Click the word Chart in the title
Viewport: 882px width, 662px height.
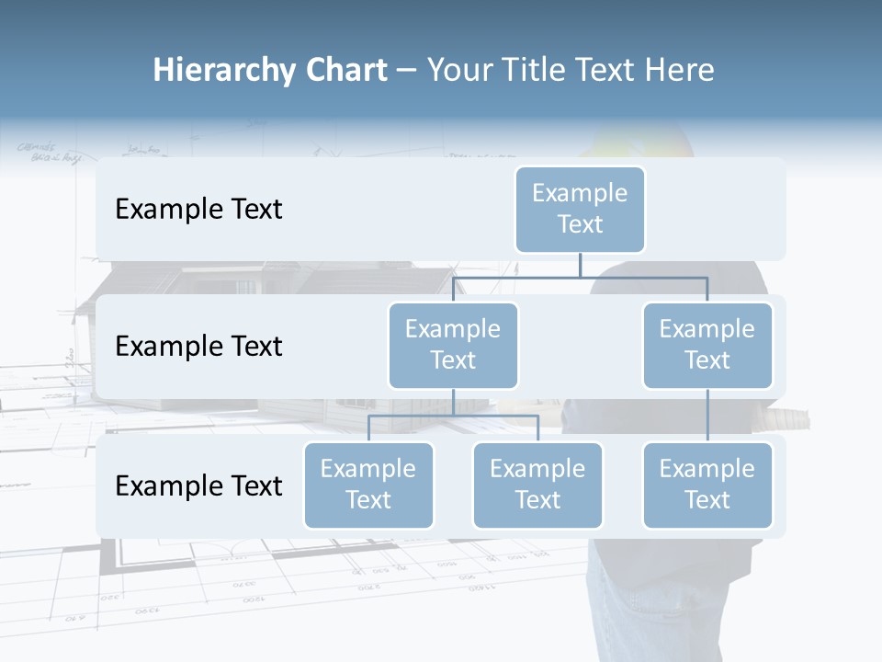point(345,70)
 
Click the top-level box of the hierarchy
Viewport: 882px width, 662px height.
point(580,209)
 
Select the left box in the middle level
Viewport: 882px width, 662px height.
point(453,345)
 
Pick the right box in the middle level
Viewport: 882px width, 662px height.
point(707,345)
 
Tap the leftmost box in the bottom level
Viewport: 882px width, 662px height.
point(368,485)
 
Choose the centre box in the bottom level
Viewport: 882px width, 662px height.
point(537,485)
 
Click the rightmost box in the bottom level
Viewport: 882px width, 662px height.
point(707,485)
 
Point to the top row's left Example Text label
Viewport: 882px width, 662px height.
point(198,209)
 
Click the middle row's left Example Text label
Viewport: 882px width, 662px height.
point(198,346)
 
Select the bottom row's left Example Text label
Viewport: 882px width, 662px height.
point(198,485)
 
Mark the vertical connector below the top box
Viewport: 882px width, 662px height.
point(580,265)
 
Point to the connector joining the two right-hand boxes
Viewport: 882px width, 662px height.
point(707,416)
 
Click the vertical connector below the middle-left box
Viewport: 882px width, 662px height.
point(453,402)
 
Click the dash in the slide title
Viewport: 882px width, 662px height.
point(407,70)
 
